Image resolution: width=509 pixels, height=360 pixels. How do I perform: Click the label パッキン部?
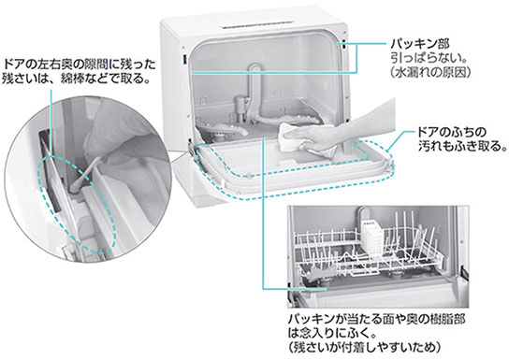coord(420,43)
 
